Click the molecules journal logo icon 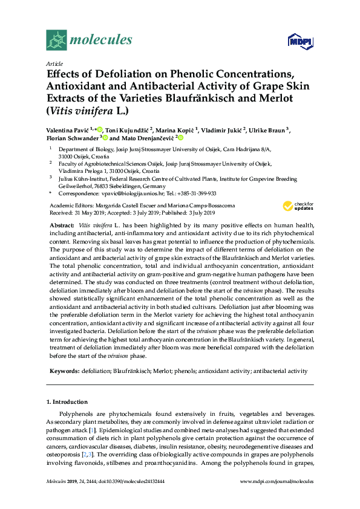[x=56, y=40]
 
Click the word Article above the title [x=54, y=63]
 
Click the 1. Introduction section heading [x=67, y=401]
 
